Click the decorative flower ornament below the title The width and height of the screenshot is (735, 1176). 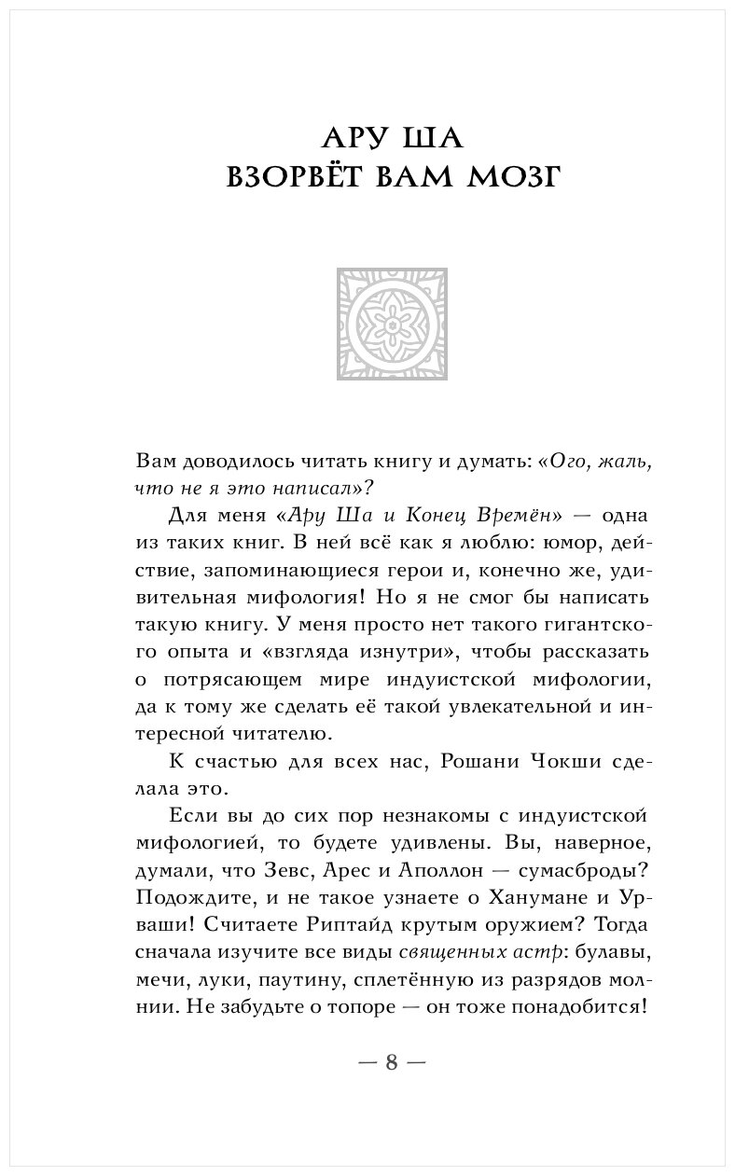392,325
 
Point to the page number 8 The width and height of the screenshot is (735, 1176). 392,1062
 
